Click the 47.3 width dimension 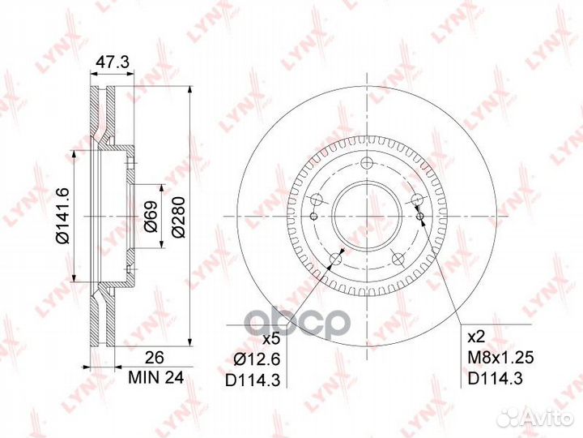113,62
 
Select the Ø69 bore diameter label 151,217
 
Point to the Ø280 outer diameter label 179,217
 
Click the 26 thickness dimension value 155,358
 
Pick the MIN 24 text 155,378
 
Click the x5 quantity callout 270,339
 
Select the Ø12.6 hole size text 257,359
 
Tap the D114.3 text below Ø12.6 253,380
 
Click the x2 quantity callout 476,337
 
